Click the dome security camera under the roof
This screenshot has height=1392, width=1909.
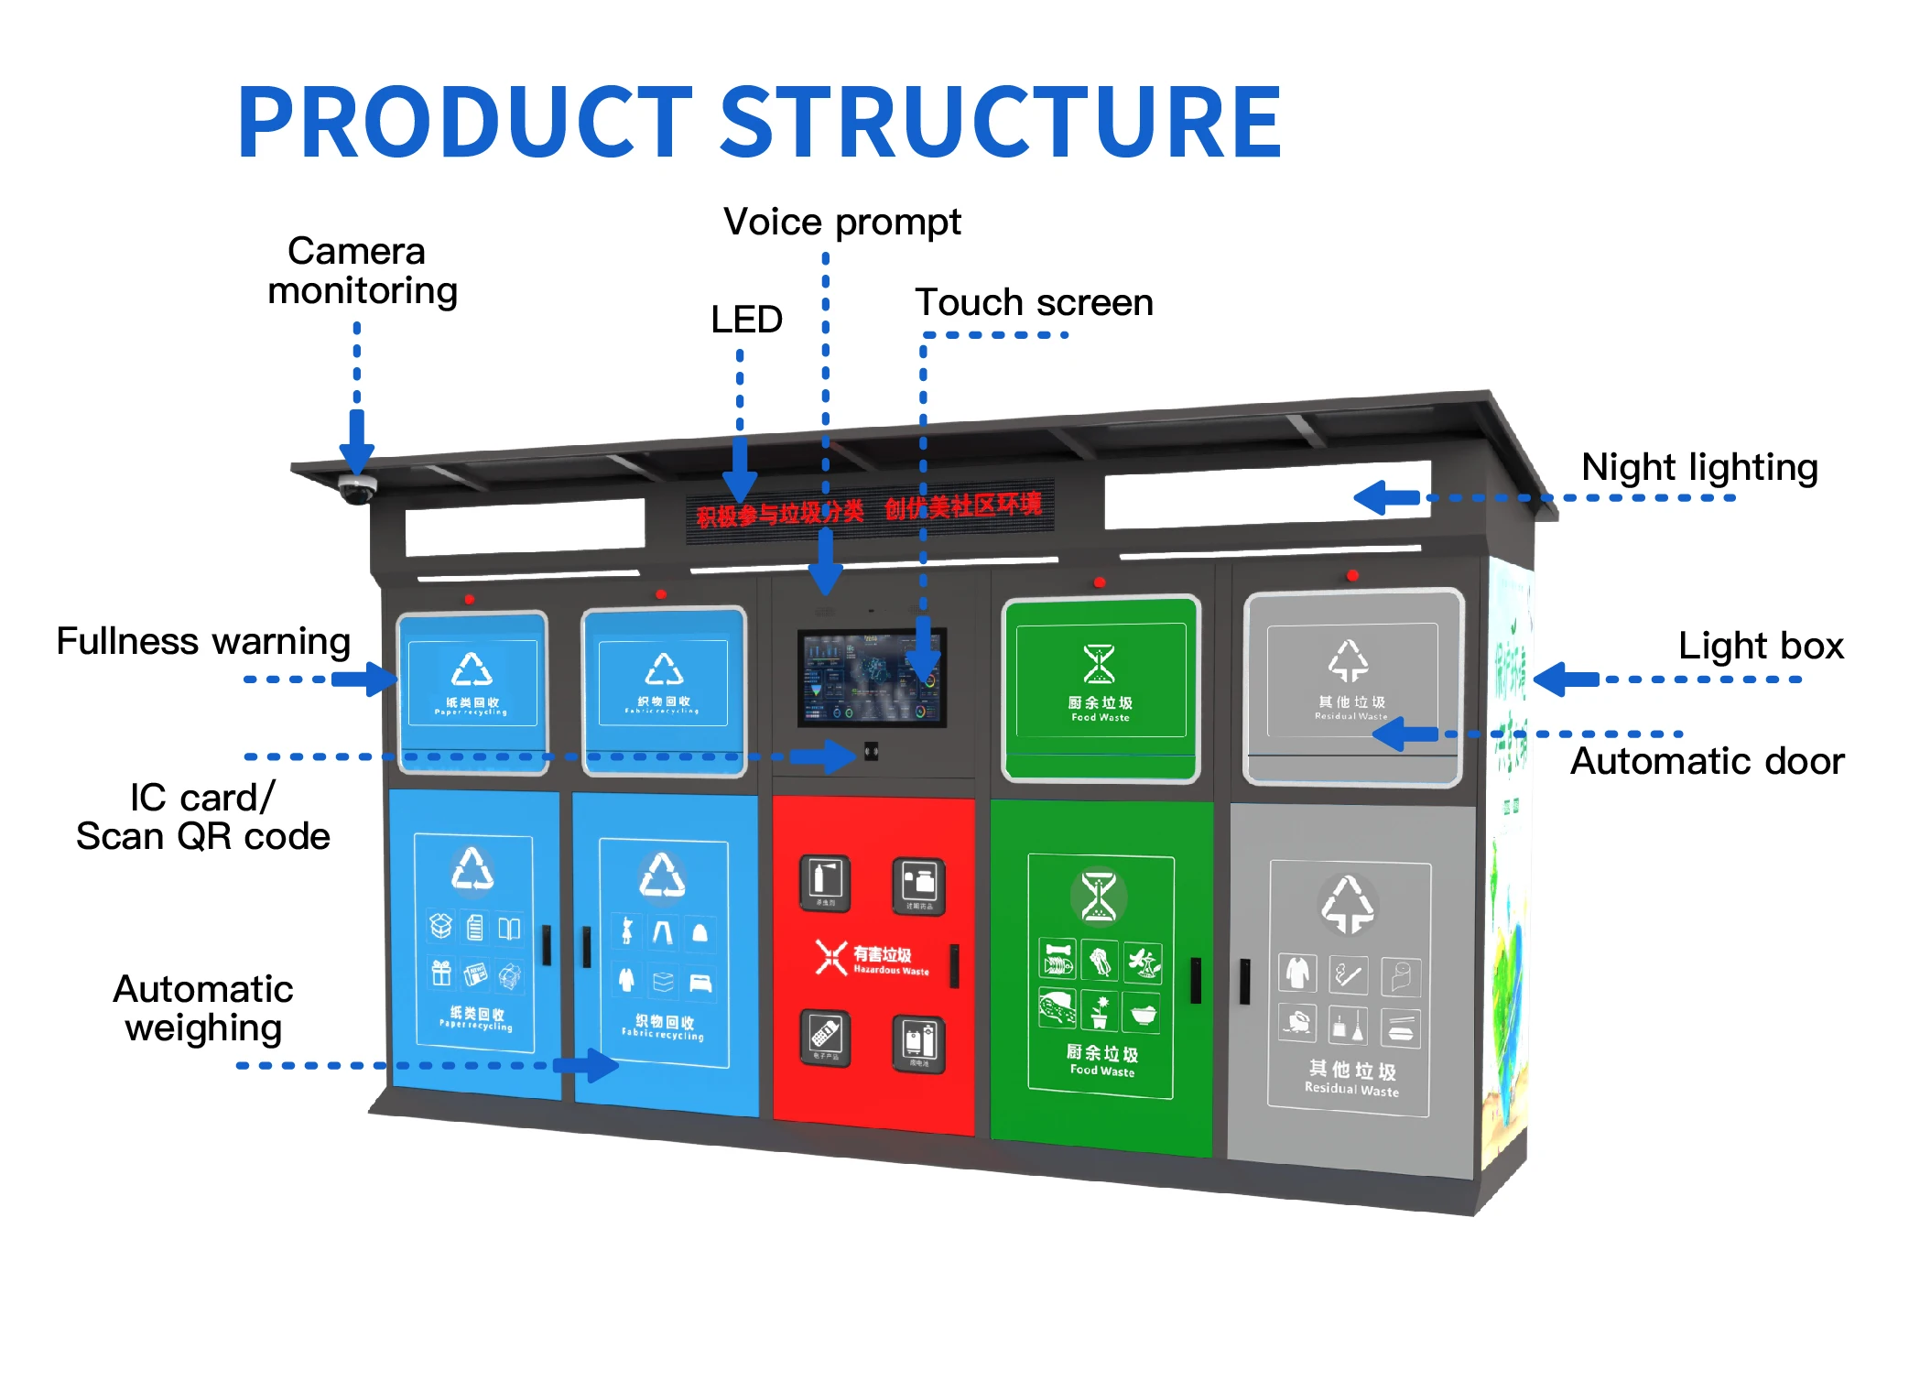(x=356, y=488)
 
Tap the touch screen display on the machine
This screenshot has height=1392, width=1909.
(x=871, y=677)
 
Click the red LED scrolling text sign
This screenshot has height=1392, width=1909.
(x=869, y=509)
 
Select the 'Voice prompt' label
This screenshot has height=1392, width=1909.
(x=841, y=222)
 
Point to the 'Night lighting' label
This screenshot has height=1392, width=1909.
(x=1698, y=467)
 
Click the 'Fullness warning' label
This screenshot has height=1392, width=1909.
(x=203, y=641)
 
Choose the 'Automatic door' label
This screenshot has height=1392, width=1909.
(x=1707, y=761)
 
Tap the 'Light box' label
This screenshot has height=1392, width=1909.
(x=1760, y=646)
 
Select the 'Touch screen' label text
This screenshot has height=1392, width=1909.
(x=1034, y=302)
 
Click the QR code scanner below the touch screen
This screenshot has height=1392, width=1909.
(x=871, y=752)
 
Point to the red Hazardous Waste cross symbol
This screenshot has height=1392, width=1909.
(x=830, y=958)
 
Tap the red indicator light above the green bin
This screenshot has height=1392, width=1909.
(x=1100, y=582)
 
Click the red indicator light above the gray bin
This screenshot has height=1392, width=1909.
(x=1352, y=575)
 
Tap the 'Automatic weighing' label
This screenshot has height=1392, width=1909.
(x=203, y=1008)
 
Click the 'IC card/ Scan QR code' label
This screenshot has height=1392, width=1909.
(x=202, y=817)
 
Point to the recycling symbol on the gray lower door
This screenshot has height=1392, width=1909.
(x=1348, y=903)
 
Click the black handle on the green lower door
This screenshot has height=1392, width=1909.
(x=1195, y=980)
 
